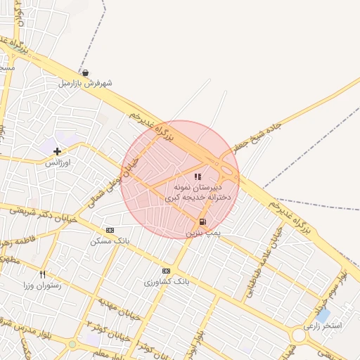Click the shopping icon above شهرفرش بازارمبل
pyautogui.click(x=85, y=72)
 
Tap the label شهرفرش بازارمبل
pyautogui.click(x=85, y=83)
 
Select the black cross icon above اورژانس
pyautogui.click(x=57, y=150)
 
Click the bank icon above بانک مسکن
pyautogui.click(x=110, y=230)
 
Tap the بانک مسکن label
pyautogui.click(x=110, y=241)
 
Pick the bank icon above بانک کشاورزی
pyautogui.click(x=166, y=271)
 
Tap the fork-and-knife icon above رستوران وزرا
pyautogui.click(x=42, y=274)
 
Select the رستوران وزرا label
pyautogui.click(x=42, y=285)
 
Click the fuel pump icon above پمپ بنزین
pyautogui.click(x=203, y=221)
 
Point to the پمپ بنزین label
pyautogui.click(x=203, y=231)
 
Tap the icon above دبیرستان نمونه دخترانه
pyautogui.click(x=198, y=176)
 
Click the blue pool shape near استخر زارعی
pyautogui.click(x=323, y=313)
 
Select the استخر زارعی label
pyautogui.click(x=322, y=326)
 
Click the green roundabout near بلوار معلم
pyautogui.click(x=72, y=344)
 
